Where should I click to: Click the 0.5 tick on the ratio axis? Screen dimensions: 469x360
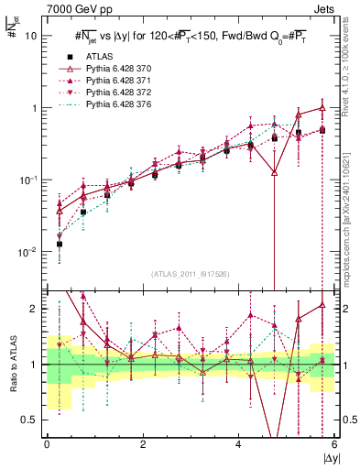[x=29, y=420]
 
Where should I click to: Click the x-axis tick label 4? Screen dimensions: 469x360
[x=238, y=444]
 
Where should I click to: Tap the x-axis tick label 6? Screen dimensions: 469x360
[x=333, y=444]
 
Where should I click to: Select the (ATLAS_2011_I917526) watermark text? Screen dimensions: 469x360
[x=191, y=274]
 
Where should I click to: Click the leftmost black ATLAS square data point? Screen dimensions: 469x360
[x=60, y=245]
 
